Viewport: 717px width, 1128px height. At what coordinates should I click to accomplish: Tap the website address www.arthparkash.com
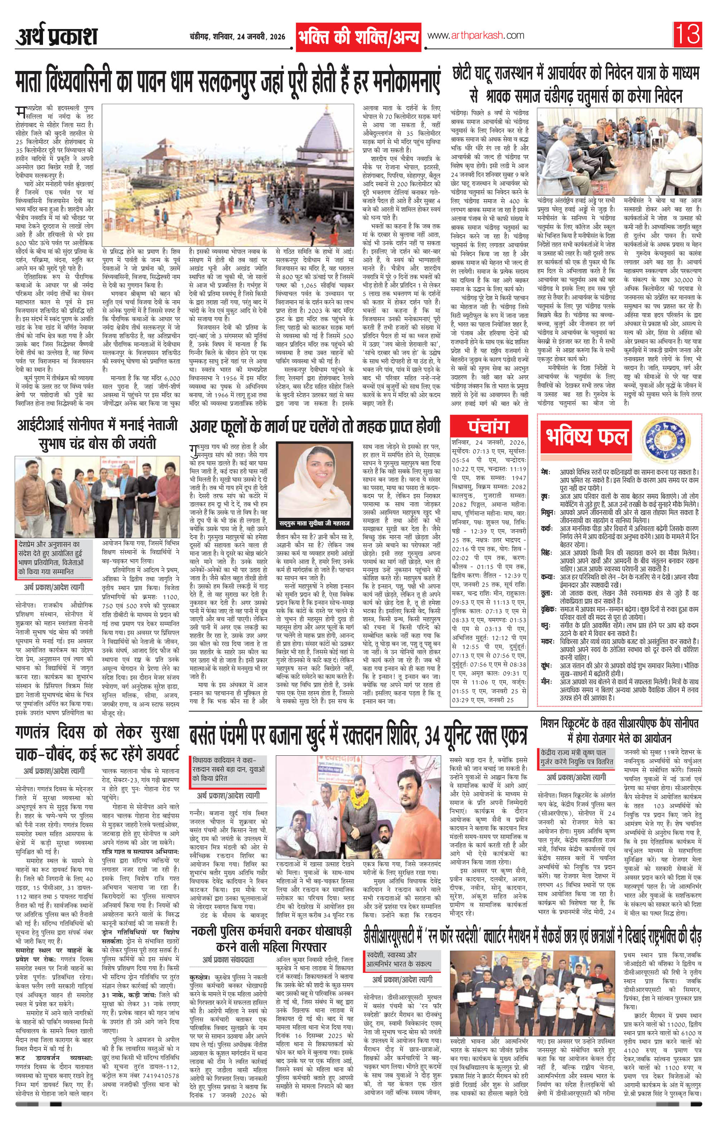[475, 35]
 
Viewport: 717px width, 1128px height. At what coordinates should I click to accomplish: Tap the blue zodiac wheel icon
[663, 438]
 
